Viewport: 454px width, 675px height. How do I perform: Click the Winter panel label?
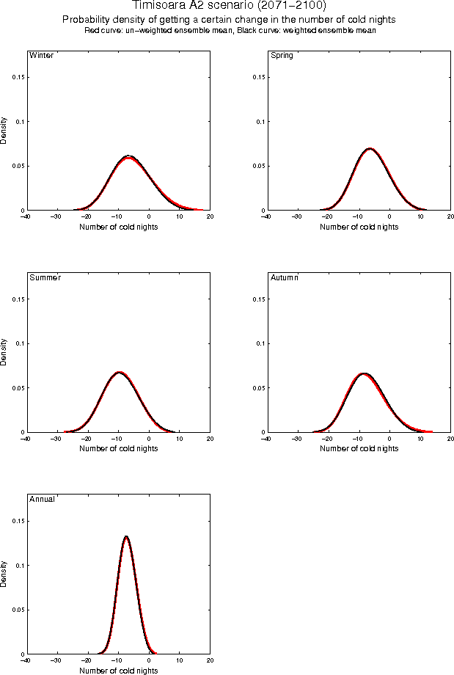[40, 55]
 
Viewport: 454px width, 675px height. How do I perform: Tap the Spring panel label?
[282, 55]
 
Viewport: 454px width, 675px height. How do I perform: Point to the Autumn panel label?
[285, 277]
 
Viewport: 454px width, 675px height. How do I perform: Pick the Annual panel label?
[41, 499]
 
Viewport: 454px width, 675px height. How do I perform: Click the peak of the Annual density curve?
[126, 536]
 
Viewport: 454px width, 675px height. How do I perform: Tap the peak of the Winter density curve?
[128, 156]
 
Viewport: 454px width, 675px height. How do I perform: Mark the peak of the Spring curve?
[370, 149]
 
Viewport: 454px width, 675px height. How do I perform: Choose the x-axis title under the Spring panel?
[359, 227]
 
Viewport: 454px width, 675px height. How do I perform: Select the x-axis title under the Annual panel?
[117, 670]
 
